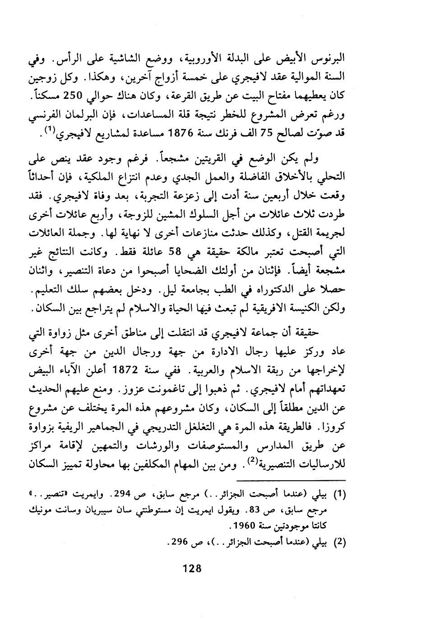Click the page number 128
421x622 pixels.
(191, 568)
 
